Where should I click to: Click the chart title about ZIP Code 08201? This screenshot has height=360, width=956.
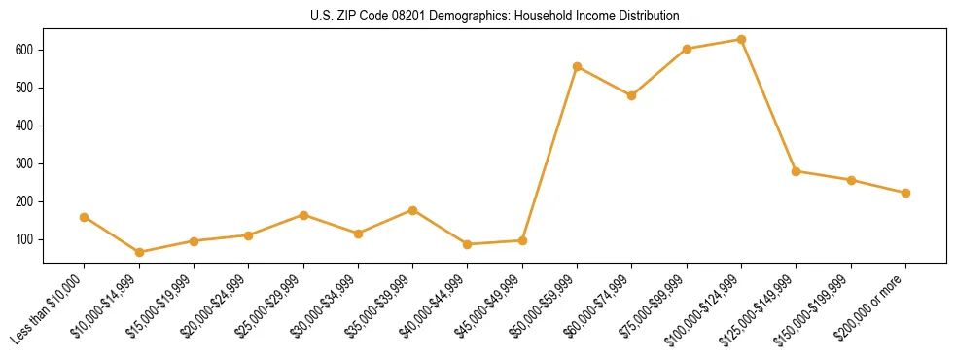(x=495, y=17)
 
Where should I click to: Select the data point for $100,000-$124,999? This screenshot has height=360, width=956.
(x=741, y=40)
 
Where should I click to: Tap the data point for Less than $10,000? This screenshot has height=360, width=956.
(x=85, y=217)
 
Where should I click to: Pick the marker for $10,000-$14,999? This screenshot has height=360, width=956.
(x=139, y=252)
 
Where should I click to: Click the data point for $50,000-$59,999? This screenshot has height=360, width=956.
(x=577, y=67)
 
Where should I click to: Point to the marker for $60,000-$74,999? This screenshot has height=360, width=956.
(x=632, y=95)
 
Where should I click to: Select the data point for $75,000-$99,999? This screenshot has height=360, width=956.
(x=687, y=49)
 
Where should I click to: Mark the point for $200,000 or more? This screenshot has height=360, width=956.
(x=905, y=193)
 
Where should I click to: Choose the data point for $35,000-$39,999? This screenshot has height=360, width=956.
(x=413, y=210)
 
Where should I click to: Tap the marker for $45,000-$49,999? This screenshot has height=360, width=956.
(x=522, y=240)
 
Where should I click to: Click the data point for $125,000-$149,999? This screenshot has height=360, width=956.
(x=796, y=171)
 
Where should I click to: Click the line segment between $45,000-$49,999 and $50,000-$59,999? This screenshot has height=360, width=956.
(x=549, y=154)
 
